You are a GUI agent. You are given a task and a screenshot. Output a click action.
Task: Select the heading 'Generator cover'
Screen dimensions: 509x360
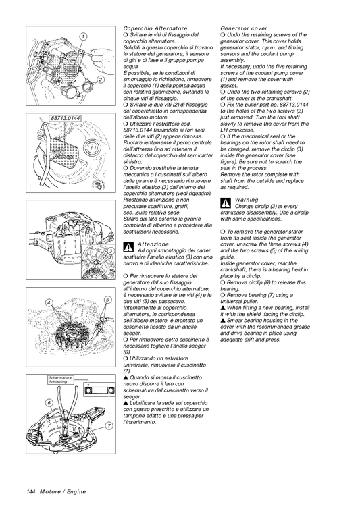[244, 29]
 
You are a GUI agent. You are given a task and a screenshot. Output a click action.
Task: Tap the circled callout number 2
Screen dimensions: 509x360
[99, 80]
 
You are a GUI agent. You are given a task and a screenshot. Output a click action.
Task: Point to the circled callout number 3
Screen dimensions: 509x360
[110, 250]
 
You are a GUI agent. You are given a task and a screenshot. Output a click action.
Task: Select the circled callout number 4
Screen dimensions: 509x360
[49, 302]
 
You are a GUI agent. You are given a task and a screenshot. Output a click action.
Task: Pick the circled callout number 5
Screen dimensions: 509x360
[108, 299]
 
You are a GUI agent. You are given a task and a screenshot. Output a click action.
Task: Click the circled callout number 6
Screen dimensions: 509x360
[49, 402]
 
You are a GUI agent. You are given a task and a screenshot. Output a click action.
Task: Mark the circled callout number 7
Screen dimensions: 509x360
[109, 426]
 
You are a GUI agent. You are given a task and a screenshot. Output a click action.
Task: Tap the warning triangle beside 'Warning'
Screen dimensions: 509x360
[226, 203]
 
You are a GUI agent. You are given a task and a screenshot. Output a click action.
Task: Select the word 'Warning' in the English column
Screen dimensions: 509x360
[247, 200]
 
